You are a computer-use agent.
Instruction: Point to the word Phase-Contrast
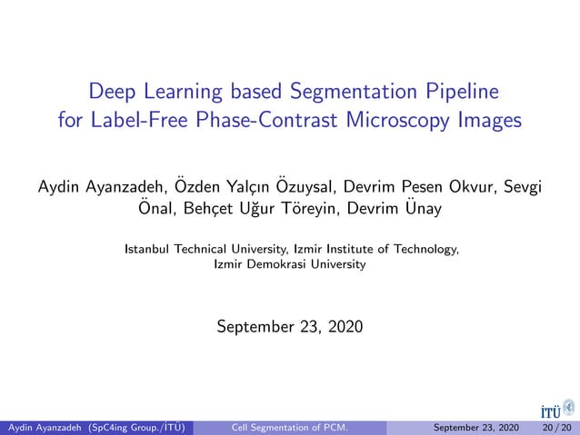(x=251, y=121)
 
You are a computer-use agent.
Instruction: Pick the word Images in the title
(x=489, y=121)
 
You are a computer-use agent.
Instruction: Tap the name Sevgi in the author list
(x=523, y=187)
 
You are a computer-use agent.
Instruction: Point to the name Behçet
(x=205, y=211)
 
